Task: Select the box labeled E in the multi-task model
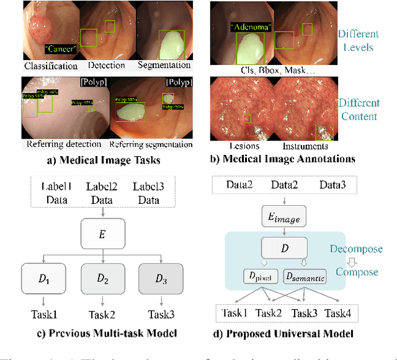click(102, 235)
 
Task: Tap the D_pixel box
click(261, 277)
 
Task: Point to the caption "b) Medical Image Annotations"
click(284, 159)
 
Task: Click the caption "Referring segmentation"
click(151, 145)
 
